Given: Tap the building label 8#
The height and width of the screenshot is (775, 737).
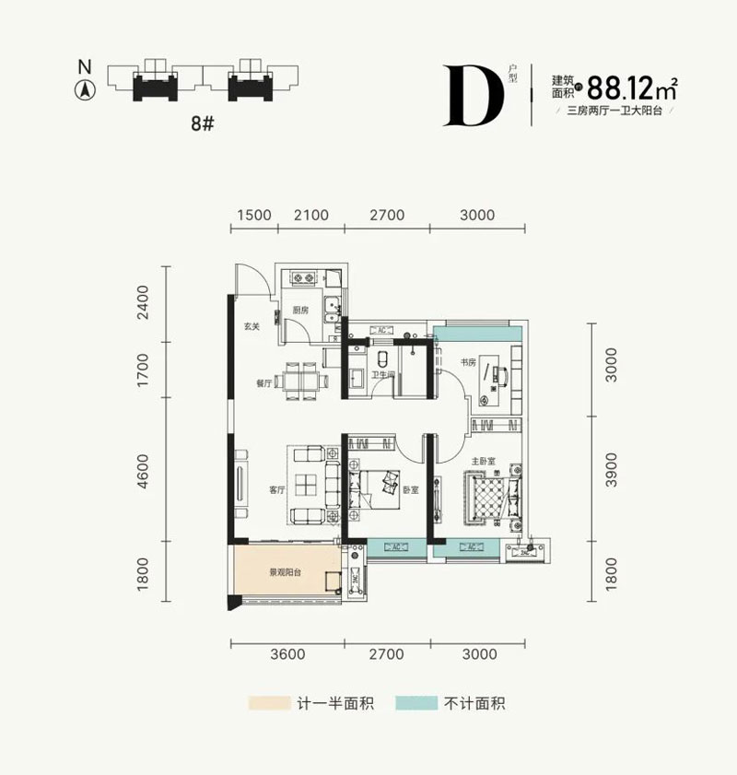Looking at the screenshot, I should pos(203,123).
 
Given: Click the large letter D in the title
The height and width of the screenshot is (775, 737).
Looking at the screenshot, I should pos(474,95).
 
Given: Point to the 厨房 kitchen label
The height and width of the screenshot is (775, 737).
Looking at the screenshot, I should pos(299,311).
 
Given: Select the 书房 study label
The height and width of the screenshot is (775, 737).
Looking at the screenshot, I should pos(468,362).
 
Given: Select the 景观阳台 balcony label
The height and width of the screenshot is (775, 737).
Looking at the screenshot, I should pos(286,572).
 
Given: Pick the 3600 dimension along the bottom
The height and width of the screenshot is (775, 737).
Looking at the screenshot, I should pos(287,655).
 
